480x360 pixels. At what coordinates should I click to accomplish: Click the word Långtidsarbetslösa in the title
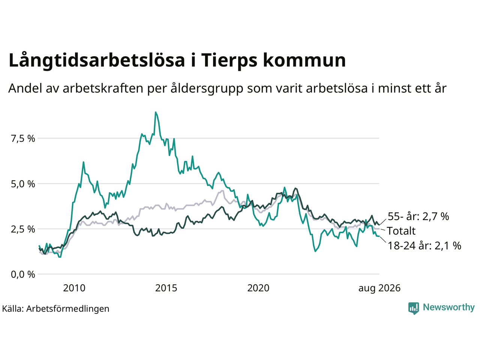click(97, 61)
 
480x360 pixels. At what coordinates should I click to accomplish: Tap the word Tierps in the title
click(229, 60)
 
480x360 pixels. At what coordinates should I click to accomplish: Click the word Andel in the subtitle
click(25, 88)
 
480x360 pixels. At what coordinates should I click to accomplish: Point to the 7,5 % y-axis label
click(23, 139)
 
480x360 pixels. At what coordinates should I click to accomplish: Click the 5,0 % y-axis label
click(23, 184)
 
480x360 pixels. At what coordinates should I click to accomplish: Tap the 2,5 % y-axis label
click(23, 229)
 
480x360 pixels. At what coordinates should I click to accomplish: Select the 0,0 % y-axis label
click(23, 274)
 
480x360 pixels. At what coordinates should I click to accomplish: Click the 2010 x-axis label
click(74, 288)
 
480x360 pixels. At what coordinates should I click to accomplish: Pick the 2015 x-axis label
click(166, 288)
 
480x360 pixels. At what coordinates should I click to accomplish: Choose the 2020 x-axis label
click(258, 288)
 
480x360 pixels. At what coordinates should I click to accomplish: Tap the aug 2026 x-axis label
click(379, 288)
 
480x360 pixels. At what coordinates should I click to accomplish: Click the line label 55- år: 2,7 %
click(418, 216)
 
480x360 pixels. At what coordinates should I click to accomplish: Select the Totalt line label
click(401, 231)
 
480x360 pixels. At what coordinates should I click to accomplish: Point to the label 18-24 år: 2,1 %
click(424, 246)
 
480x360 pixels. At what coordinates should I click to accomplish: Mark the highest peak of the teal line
click(156, 112)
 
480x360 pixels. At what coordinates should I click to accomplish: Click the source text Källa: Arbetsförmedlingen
click(55, 309)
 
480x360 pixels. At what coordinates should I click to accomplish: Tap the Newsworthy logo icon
click(414, 308)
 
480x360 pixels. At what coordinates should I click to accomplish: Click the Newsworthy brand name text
click(449, 307)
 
